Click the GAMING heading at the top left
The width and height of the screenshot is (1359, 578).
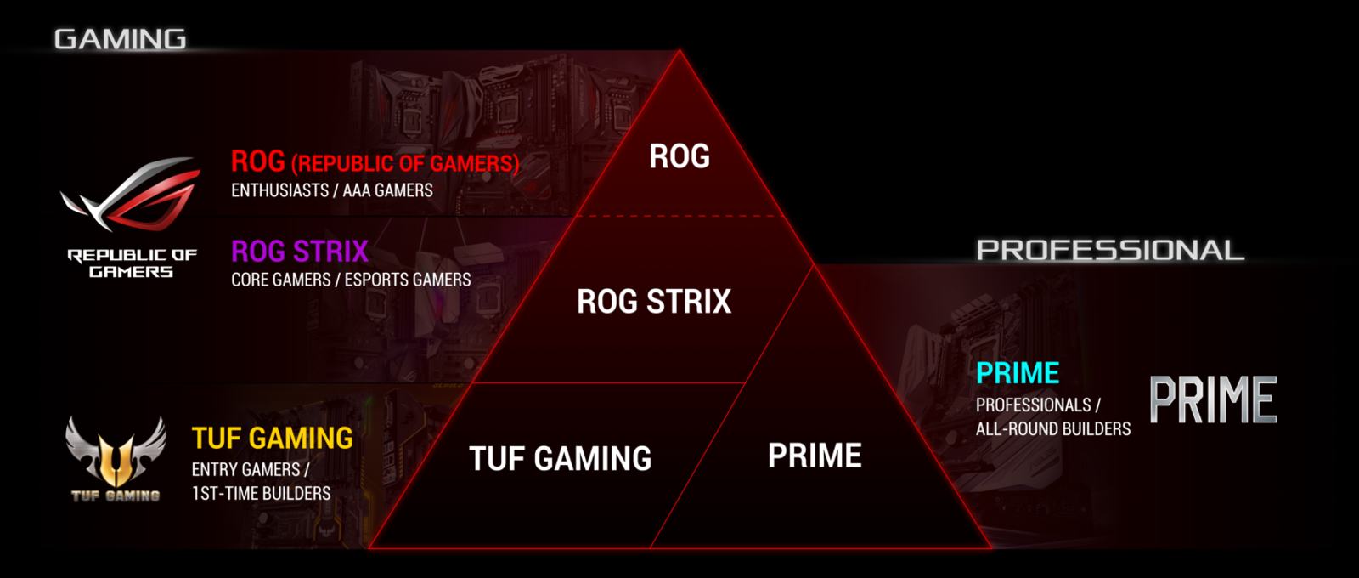pyautogui.click(x=120, y=39)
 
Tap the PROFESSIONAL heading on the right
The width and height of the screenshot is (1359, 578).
pyautogui.click(x=1109, y=250)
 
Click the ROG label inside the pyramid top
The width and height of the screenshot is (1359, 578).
pyautogui.click(x=679, y=156)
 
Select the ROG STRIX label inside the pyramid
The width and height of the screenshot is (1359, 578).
pyautogui.click(x=653, y=302)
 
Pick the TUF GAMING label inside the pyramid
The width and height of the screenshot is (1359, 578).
pyautogui.click(x=560, y=459)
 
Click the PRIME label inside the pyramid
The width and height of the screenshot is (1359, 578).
pyautogui.click(x=815, y=456)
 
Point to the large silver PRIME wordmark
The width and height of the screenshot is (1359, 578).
pyautogui.click(x=1212, y=399)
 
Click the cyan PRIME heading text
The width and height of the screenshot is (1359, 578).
pyautogui.click(x=1017, y=373)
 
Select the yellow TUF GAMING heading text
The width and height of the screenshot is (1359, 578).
pyautogui.click(x=272, y=438)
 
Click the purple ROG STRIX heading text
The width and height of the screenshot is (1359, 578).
pyautogui.click(x=299, y=252)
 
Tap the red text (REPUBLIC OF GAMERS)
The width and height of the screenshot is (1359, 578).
pyautogui.click(x=404, y=163)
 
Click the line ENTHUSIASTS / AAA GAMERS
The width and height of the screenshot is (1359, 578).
pyautogui.click(x=331, y=190)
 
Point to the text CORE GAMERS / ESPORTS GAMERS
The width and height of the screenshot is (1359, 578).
pyautogui.click(x=350, y=280)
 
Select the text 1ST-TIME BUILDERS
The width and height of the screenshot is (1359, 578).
pyautogui.click(x=261, y=493)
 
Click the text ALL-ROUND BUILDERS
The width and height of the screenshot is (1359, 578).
pyautogui.click(x=1052, y=428)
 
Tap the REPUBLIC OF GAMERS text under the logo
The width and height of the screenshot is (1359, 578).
pyautogui.click(x=132, y=263)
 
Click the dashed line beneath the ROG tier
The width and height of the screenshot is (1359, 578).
pyautogui.click(x=679, y=216)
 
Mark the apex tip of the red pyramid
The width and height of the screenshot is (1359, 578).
pyautogui.click(x=679, y=51)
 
